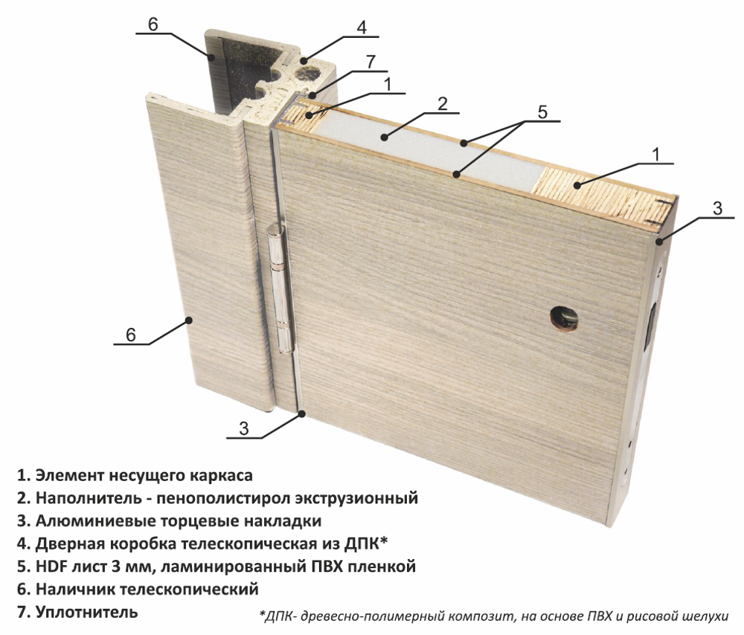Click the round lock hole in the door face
coord(565,318)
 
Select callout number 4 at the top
coord(362,27)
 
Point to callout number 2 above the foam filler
coord(442,104)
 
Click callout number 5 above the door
coord(542,112)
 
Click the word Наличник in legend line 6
coord(74,590)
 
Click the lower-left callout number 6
coord(130,335)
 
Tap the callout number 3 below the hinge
coord(243,428)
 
